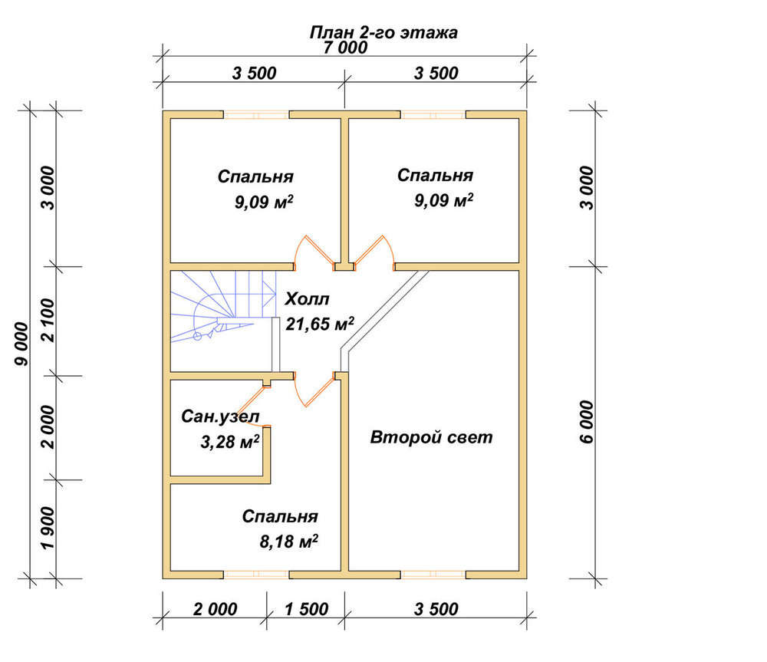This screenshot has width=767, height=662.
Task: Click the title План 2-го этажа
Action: (383, 32)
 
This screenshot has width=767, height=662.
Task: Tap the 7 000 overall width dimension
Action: (345, 48)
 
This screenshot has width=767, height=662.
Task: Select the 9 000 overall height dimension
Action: (22, 344)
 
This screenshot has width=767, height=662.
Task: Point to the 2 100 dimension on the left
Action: (48, 321)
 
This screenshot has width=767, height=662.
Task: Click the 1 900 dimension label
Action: (48, 528)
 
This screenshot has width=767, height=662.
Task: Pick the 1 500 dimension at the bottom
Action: (306, 609)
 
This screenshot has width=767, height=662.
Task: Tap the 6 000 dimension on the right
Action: (587, 422)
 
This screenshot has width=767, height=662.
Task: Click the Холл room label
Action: (308, 298)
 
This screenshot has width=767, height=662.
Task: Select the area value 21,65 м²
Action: (320, 324)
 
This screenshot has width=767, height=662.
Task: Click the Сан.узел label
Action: (220, 417)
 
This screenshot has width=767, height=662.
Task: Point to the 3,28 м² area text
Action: (230, 441)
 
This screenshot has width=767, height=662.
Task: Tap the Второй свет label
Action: (431, 437)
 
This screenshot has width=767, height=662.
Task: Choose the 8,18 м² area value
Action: (288, 541)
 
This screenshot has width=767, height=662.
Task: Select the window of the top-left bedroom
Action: (256, 115)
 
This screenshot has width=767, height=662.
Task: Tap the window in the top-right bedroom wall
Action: (433, 115)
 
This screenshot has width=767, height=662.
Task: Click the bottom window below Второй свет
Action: (433, 575)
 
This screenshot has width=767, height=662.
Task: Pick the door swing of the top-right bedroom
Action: (375, 252)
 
